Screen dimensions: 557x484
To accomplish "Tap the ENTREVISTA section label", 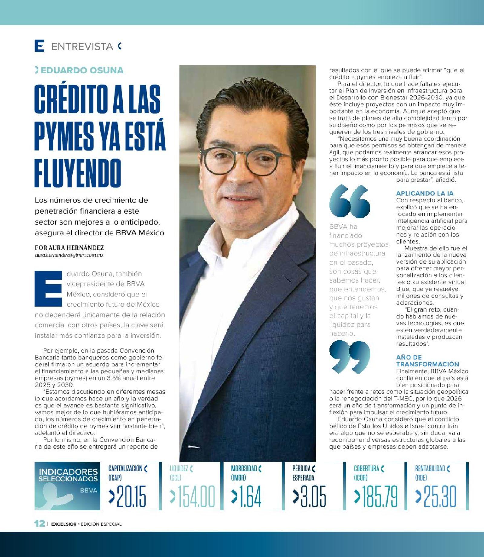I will click(x=82, y=47).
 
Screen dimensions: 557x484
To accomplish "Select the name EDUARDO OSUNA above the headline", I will click(x=82, y=70).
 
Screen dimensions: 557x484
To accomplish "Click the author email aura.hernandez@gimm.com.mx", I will click(x=69, y=255).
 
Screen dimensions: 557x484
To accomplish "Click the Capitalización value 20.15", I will click(x=131, y=497).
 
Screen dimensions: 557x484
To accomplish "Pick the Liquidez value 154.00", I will click(x=196, y=497).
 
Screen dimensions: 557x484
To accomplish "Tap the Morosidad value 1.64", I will click(x=250, y=497).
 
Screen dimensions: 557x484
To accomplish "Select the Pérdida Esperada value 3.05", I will click(x=313, y=497).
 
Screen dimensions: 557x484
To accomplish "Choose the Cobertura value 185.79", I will click(x=379, y=497).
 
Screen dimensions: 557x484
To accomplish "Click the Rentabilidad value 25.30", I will click(x=440, y=497).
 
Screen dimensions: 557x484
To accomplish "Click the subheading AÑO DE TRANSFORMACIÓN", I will click(x=427, y=361).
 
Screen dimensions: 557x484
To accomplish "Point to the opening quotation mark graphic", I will click(x=349, y=202).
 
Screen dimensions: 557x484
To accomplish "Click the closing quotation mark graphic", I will click(x=350, y=357).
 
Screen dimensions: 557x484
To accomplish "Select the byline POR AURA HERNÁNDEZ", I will click(x=70, y=248).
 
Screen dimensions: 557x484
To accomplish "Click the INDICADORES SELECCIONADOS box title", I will click(x=68, y=475).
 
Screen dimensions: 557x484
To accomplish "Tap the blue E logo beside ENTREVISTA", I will click(x=40, y=46).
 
